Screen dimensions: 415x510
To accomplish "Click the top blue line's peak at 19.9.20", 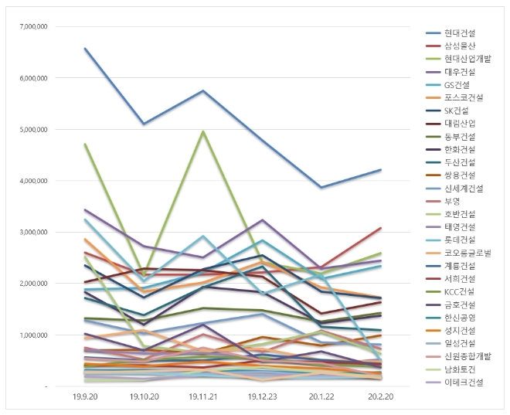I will point(85,48).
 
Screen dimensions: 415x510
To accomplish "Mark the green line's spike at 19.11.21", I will point(202,131).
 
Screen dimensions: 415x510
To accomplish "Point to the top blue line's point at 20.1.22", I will point(320,187).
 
